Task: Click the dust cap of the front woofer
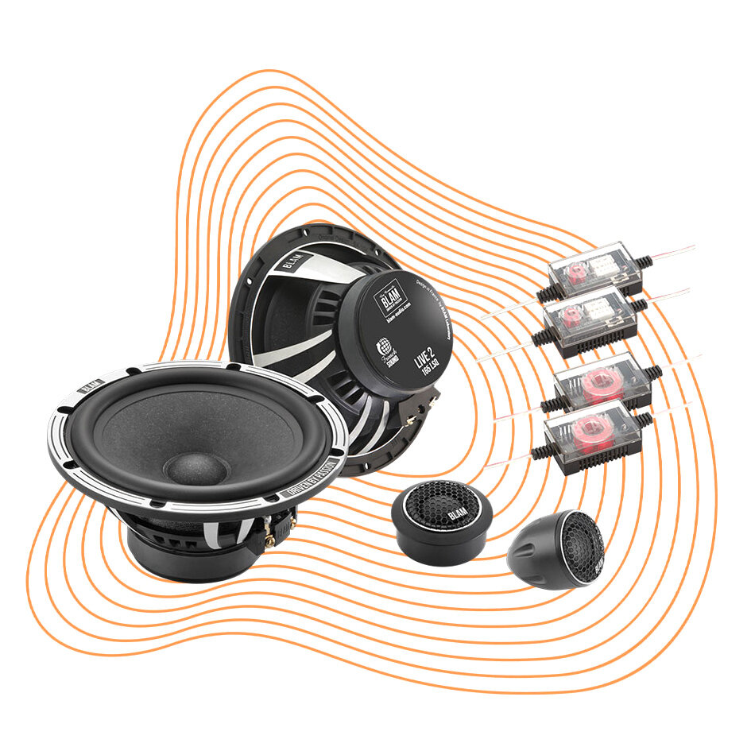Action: point(195,468)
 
